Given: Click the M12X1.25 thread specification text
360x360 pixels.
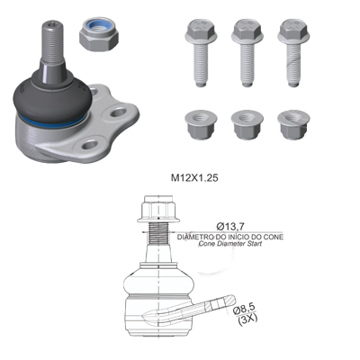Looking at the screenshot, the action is click(194, 178).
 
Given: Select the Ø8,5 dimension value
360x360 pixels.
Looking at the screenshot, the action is click(244, 309).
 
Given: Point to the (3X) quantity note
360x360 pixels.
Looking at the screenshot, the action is click(247, 319).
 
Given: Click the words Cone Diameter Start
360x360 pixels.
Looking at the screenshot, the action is click(230, 244).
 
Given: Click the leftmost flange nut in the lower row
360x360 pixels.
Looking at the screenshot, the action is click(201, 125).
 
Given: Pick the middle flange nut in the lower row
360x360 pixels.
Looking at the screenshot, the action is click(247, 125).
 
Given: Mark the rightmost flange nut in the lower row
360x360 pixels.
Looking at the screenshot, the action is click(293, 125).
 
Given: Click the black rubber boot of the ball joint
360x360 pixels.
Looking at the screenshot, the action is click(52, 96).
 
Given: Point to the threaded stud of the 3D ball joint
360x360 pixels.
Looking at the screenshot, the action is click(53, 42).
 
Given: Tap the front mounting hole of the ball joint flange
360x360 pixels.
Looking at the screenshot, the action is click(90, 145).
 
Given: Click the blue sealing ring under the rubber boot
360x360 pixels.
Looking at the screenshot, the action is click(51, 121).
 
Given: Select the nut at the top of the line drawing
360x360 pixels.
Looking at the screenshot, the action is click(158, 209).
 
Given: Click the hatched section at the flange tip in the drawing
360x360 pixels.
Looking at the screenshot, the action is click(229, 301).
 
